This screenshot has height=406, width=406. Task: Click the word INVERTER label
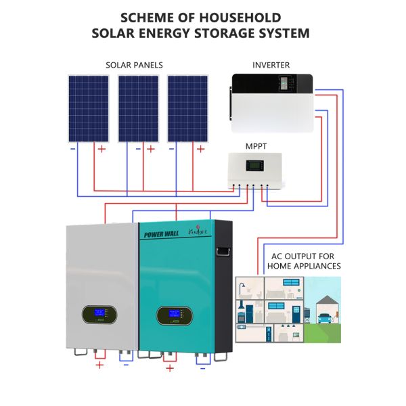271,65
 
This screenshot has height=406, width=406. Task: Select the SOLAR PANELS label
134,65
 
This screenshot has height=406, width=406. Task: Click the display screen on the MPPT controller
254,166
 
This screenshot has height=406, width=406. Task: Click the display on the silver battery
98,315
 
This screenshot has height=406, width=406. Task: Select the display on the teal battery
173,316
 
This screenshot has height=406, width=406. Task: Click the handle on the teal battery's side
222,254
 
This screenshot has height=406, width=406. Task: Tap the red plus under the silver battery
100,365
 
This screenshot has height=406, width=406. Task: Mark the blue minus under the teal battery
202,369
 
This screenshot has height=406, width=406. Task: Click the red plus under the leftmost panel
101,149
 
